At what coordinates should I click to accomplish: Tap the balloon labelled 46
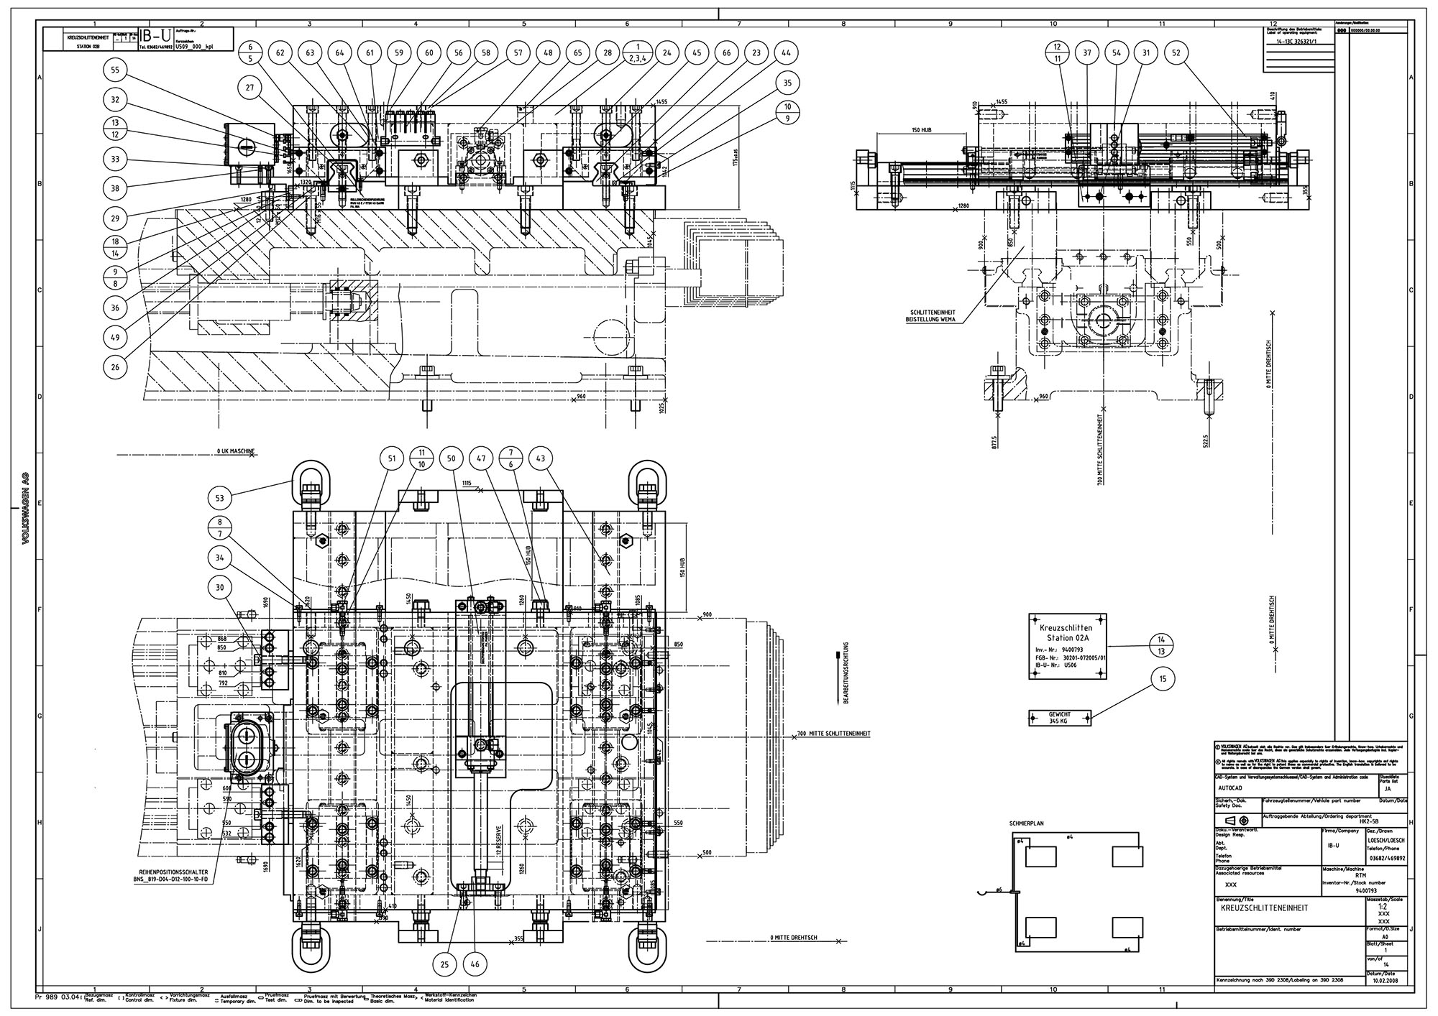click(475, 964)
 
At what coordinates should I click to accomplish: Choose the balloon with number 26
click(115, 366)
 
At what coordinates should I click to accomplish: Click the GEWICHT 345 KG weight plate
click(1060, 717)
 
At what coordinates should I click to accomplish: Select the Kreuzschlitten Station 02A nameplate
click(1068, 645)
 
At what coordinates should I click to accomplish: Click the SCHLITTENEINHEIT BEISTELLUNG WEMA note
click(931, 315)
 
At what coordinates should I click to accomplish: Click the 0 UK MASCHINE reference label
click(236, 451)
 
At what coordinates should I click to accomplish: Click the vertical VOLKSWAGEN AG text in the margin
click(24, 508)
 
